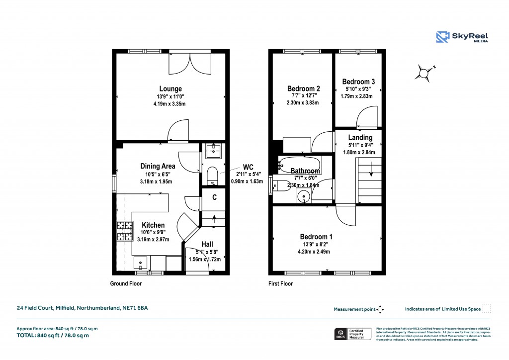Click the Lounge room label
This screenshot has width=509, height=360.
coord(170,89)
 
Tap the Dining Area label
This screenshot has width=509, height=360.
coord(157,166)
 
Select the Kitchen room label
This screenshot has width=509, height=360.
coord(153,225)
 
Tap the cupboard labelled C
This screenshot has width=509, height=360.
coord(214,197)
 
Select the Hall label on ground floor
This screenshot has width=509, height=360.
coord(207,244)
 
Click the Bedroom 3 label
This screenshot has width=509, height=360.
coord(358,82)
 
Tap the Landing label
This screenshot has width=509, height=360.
coord(360,138)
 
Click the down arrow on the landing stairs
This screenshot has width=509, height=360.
coord(371,172)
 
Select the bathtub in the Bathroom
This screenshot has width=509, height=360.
coord(299,162)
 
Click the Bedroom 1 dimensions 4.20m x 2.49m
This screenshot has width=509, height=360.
coord(314,251)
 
